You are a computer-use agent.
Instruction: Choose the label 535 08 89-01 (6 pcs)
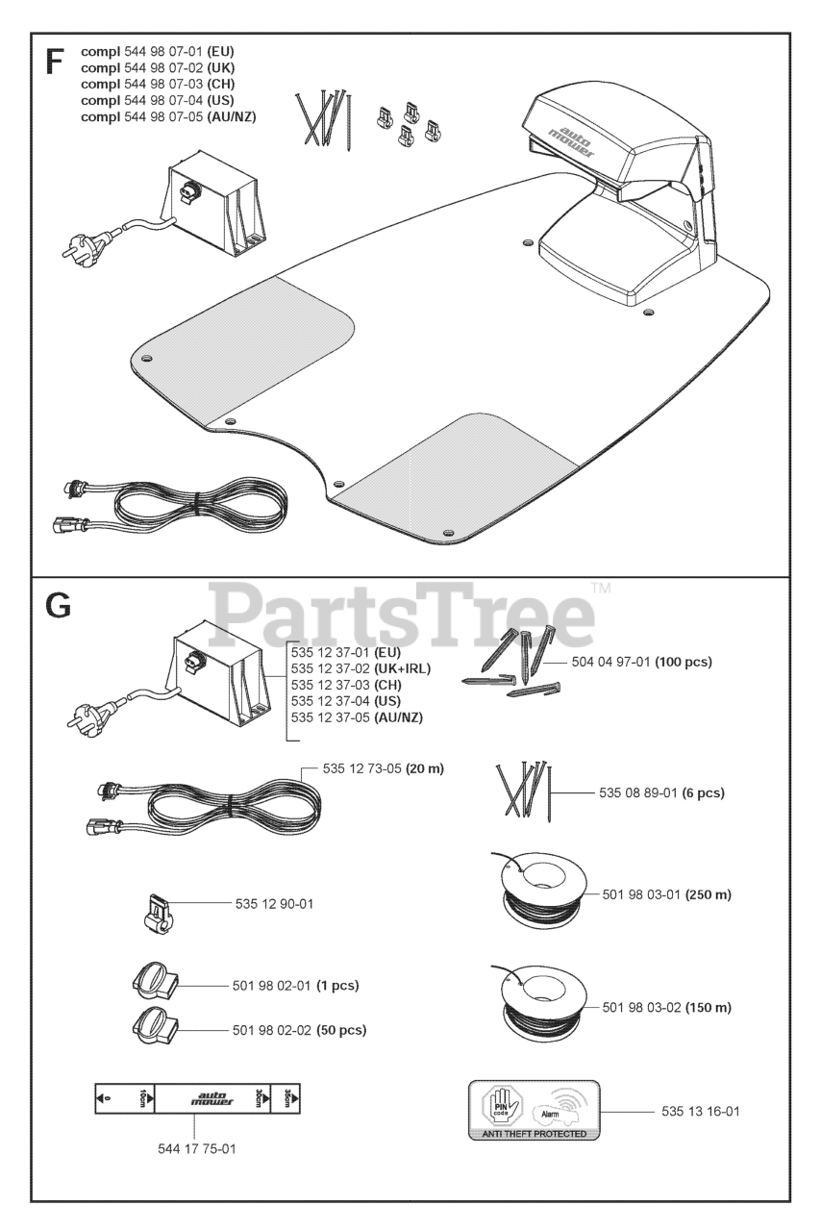tap(661, 793)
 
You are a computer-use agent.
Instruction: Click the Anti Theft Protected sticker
tap(533, 1110)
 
